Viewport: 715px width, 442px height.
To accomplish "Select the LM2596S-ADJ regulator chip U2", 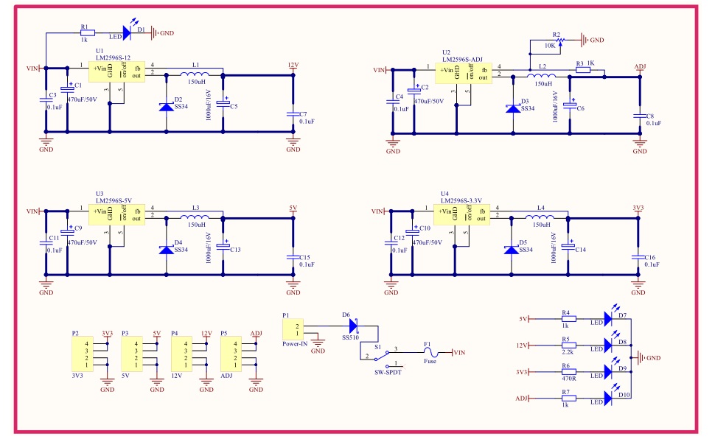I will click(x=463, y=73).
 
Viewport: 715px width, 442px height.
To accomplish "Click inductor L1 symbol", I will click(x=195, y=74).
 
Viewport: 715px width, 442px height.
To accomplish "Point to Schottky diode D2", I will click(x=166, y=107).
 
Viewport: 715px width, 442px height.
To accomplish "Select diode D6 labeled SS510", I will click(x=352, y=325).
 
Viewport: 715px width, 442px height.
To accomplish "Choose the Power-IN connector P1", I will click(x=293, y=329).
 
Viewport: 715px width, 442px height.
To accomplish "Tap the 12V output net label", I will click(x=293, y=65).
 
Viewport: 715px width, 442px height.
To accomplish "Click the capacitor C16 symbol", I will click(x=638, y=256).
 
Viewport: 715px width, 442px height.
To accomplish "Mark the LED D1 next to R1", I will click(x=126, y=32).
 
